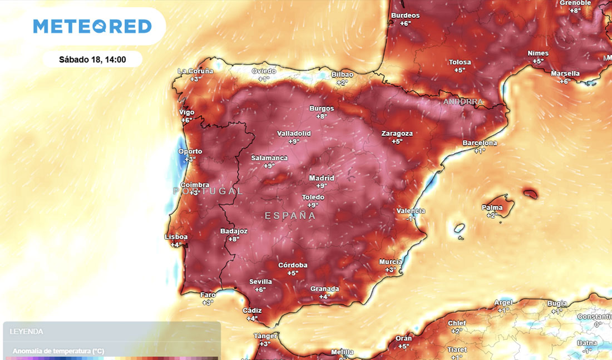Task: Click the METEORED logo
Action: (92, 26)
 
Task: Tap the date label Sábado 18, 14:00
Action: (92, 60)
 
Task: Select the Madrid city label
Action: (322, 178)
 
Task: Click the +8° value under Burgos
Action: (322, 116)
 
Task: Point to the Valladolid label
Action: (294, 134)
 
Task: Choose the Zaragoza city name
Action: (397, 134)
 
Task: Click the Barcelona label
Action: (480, 143)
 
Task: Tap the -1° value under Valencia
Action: (411, 219)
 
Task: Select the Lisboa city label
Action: (176, 237)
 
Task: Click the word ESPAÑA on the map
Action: (290, 215)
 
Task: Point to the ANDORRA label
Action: (463, 102)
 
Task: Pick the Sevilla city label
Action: (260, 282)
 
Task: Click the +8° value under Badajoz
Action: (233, 239)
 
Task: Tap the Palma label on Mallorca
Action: (492, 208)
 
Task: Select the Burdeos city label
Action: (406, 16)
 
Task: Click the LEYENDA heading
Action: (26, 332)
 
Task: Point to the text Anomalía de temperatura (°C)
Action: (58, 351)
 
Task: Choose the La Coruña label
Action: (195, 71)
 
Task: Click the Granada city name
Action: (324, 289)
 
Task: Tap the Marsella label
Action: (565, 73)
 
